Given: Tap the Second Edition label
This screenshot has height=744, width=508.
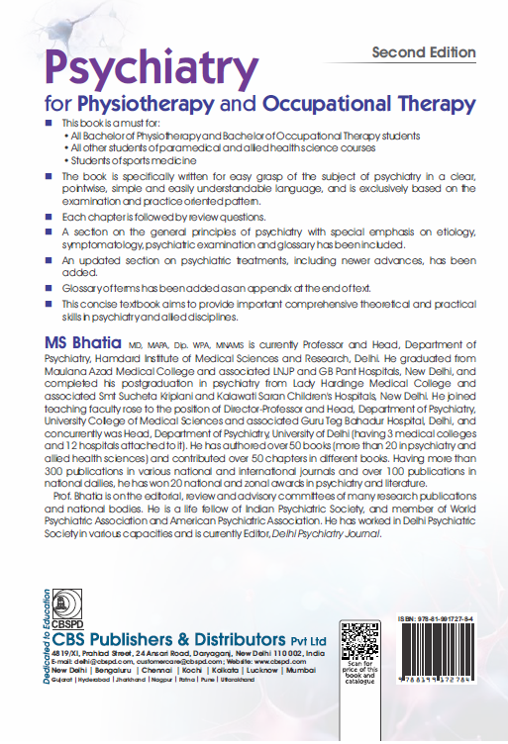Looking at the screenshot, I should point(423,51).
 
